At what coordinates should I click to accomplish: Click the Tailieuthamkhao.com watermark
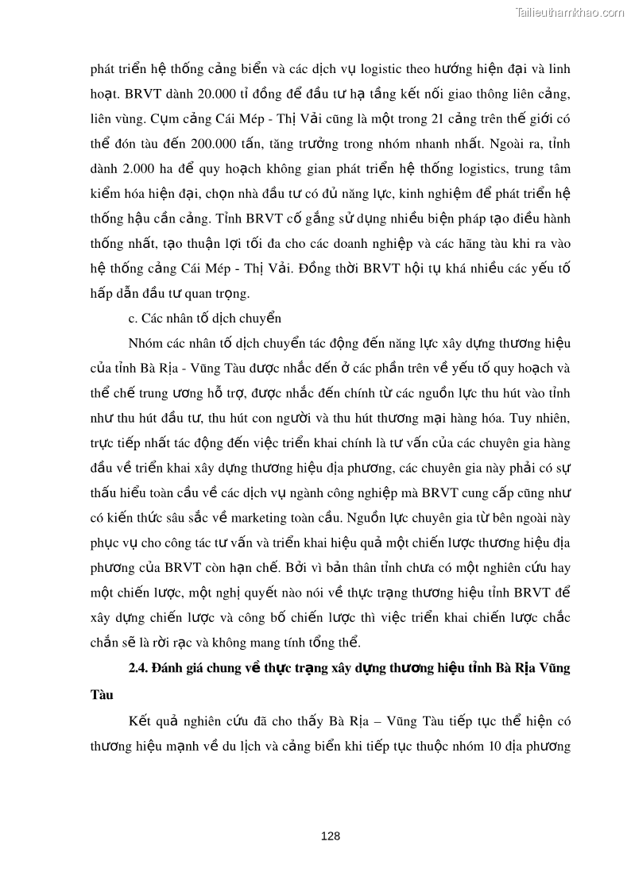[x=570, y=12]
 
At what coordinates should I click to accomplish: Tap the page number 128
[x=330, y=836]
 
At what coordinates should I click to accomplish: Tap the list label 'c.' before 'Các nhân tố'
[x=133, y=319]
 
